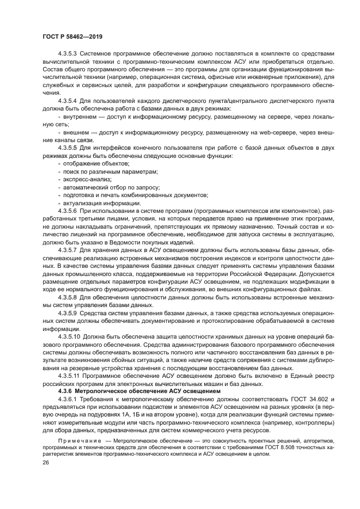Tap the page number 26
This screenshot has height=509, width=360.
coord(45,462)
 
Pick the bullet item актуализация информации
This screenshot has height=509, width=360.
coord(102,203)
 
